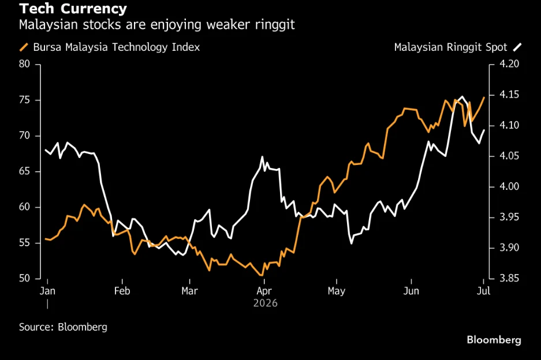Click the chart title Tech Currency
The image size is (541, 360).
[x=73, y=9]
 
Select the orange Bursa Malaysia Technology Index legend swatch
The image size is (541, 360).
[x=24, y=47]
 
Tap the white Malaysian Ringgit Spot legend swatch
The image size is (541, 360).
[x=517, y=47]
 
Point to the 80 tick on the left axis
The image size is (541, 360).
[x=24, y=64]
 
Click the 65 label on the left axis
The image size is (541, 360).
[x=24, y=171]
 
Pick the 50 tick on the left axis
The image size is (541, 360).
[x=24, y=278]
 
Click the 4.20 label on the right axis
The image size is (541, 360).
[x=509, y=64]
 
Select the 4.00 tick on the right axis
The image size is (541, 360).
[x=509, y=186]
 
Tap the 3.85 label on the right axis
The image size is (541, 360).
[x=509, y=278]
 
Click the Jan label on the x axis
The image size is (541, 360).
[x=47, y=291]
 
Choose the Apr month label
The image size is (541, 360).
[x=264, y=291]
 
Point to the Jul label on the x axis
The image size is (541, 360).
[x=483, y=291]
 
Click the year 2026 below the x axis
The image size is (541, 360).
[x=266, y=303]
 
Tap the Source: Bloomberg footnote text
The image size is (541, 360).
[x=63, y=327]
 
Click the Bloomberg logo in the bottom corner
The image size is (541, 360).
[x=494, y=340]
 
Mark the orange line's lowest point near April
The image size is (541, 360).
[x=261, y=275]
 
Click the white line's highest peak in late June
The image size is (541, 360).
[x=462, y=97]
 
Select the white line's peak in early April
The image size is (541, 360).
[x=263, y=157]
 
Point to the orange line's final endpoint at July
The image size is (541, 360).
[x=484, y=97]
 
